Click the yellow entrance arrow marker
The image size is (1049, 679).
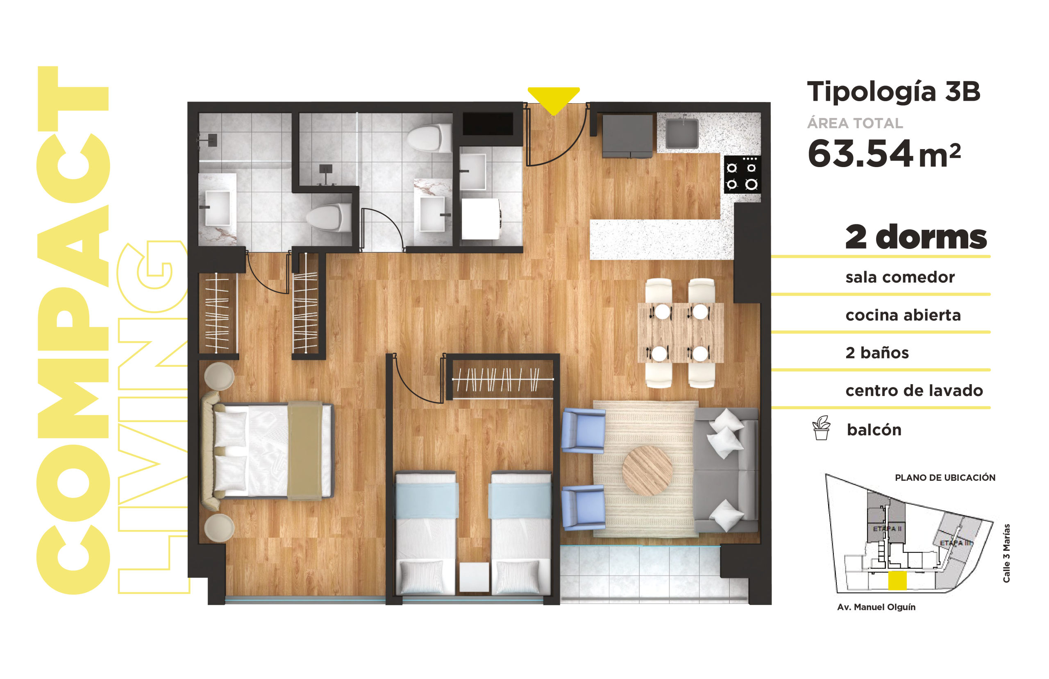554,100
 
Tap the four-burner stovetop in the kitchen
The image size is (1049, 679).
742,174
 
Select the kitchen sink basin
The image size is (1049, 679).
682,133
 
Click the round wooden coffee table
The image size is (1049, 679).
647,470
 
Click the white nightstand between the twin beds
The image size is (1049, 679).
474,577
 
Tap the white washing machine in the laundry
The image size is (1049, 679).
481,219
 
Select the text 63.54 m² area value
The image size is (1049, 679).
884,153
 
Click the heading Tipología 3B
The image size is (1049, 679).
893,92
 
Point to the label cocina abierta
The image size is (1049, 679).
903,315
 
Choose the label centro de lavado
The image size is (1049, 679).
914,390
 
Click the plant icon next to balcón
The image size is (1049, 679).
821,428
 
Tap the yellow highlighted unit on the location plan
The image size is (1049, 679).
897,580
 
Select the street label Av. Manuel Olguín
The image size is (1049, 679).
876,607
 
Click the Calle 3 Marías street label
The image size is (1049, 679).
1006,553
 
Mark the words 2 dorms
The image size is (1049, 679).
916,237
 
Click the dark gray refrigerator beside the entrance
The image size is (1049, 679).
628,136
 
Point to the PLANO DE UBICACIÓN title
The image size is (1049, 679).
945,478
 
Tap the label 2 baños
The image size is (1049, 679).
877,353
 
